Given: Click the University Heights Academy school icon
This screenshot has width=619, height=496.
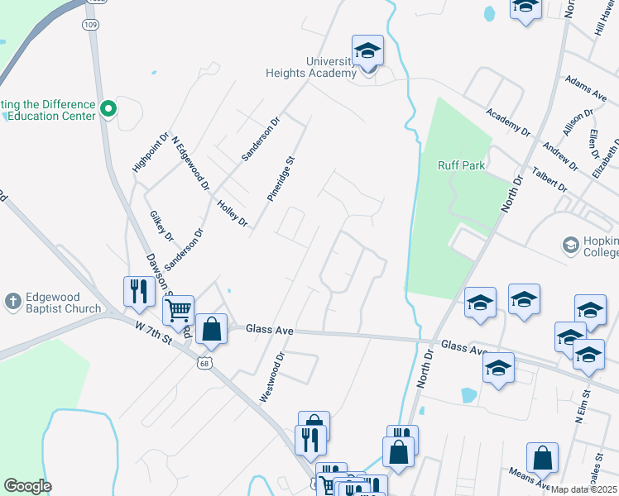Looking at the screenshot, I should point(368,51).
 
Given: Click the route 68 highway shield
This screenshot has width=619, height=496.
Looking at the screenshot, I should point(205,362).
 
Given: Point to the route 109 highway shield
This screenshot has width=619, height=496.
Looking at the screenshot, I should point(89,25).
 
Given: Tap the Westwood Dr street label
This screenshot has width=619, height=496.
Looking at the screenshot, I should point(272,377).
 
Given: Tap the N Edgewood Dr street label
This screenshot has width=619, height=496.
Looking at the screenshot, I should point(189,163).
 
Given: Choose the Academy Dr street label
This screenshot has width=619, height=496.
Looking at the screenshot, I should point(508,122).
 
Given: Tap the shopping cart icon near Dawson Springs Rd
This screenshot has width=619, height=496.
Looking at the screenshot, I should point(178,311).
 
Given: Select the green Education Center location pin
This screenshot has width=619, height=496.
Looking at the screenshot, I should point(108,108).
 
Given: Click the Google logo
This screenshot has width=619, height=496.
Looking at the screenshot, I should point(27,486).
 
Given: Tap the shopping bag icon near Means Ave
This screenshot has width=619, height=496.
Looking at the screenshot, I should point(542,457).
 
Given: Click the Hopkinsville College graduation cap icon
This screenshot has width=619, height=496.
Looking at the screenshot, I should point(570,245).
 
